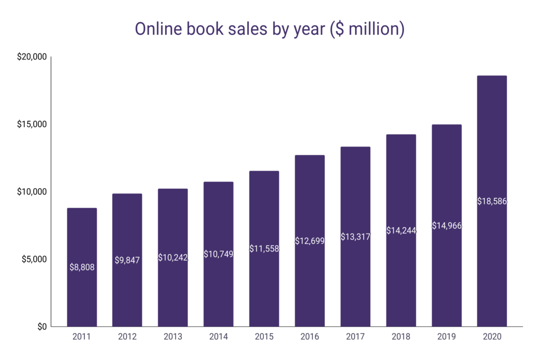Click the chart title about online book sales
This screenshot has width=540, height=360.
tap(269, 29)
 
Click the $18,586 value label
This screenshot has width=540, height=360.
tap(491, 201)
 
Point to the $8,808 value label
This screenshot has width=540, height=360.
tap(82, 267)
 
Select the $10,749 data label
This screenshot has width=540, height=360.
tap(218, 254)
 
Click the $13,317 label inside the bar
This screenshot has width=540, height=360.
tap(355, 237)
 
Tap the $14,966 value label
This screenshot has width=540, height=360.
tap(446, 226)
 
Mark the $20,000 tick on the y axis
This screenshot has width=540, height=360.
tap(32, 57)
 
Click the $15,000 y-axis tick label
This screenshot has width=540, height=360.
tap(32, 124)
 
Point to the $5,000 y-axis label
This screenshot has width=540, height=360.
tap(34, 259)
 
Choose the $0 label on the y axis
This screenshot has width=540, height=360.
tap(41, 326)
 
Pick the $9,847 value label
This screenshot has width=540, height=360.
tap(127, 260)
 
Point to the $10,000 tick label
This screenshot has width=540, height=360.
tap(32, 192)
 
